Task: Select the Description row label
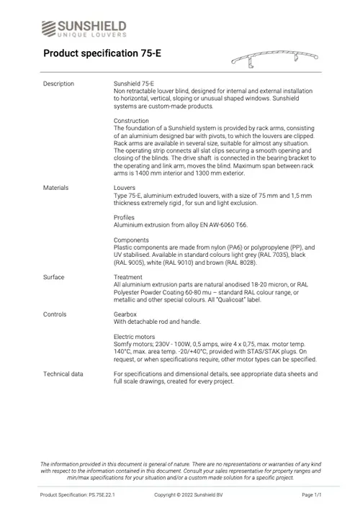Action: [x=58, y=84]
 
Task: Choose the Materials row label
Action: [x=56, y=188]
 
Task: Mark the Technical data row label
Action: [x=63, y=374]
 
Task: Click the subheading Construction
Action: [x=132, y=121]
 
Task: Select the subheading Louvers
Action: [x=125, y=188]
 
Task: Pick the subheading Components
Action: [x=132, y=240]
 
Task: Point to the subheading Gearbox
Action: [x=126, y=314]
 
